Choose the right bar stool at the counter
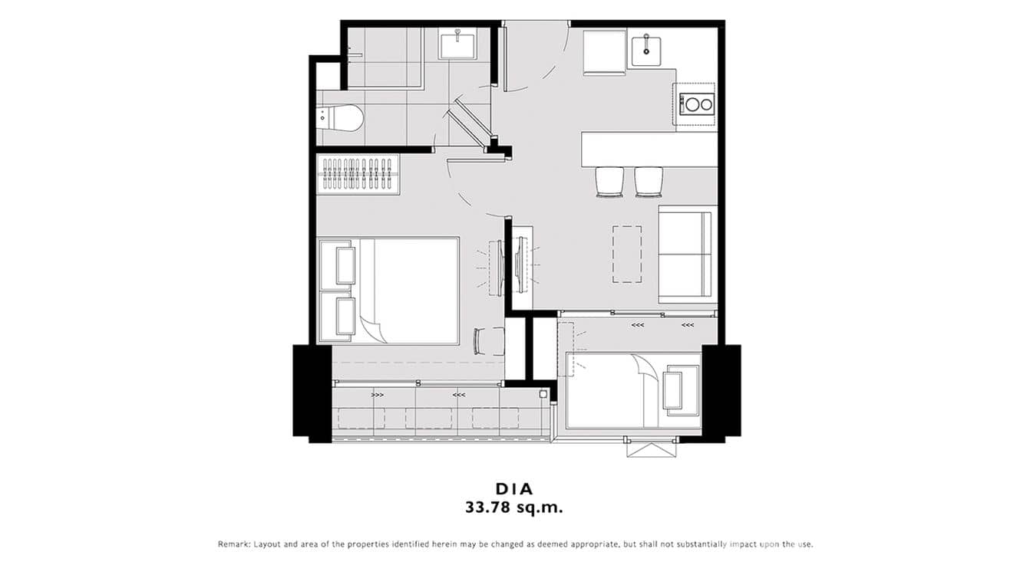[x=649, y=182]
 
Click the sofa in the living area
[x=685, y=255]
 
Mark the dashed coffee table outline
[x=627, y=254]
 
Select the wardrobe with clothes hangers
[x=358, y=175]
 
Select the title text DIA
[x=514, y=488]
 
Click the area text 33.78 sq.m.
[x=514, y=507]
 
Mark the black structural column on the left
[x=312, y=392]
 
